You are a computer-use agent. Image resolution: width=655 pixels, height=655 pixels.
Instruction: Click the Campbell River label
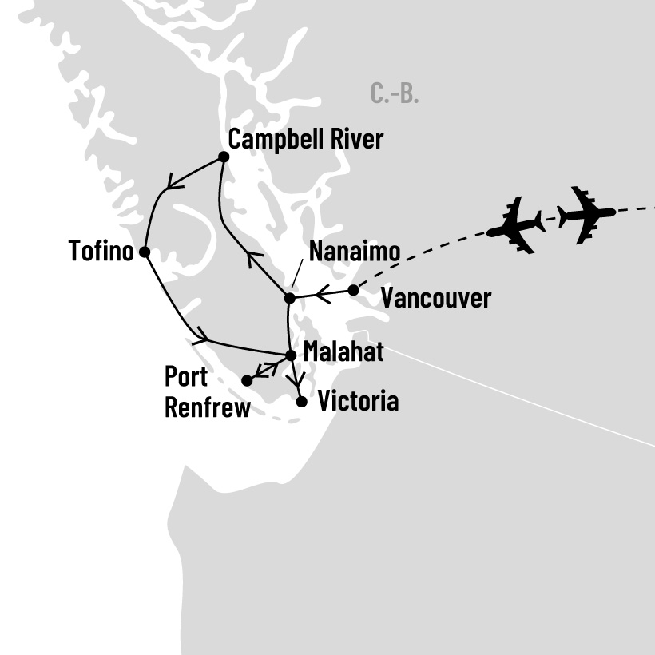click(306, 140)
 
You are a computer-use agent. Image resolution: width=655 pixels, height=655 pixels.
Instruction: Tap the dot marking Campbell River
click(224, 157)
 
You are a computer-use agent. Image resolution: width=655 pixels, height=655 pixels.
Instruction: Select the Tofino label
click(101, 252)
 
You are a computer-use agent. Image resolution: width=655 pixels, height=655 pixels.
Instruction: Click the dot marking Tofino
click(145, 252)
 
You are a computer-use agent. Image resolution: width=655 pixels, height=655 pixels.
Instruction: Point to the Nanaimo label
click(355, 251)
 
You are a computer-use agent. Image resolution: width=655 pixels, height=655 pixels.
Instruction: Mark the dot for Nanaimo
click(290, 298)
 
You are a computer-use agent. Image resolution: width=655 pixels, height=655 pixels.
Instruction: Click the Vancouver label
click(435, 299)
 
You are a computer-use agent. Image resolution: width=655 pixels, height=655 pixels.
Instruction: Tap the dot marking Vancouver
click(353, 290)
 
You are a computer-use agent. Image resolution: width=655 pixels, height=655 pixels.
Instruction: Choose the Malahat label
click(343, 352)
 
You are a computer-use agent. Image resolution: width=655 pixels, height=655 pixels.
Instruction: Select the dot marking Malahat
click(291, 355)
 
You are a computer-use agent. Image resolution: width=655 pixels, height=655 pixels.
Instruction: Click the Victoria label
click(358, 401)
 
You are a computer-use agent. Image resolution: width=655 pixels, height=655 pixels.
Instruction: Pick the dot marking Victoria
click(301, 402)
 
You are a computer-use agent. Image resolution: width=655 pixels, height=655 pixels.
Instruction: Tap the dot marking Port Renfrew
click(247, 381)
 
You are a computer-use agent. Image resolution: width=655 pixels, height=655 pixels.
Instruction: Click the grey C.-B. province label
click(395, 93)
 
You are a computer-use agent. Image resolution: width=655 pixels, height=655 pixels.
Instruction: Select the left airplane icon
click(516, 224)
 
